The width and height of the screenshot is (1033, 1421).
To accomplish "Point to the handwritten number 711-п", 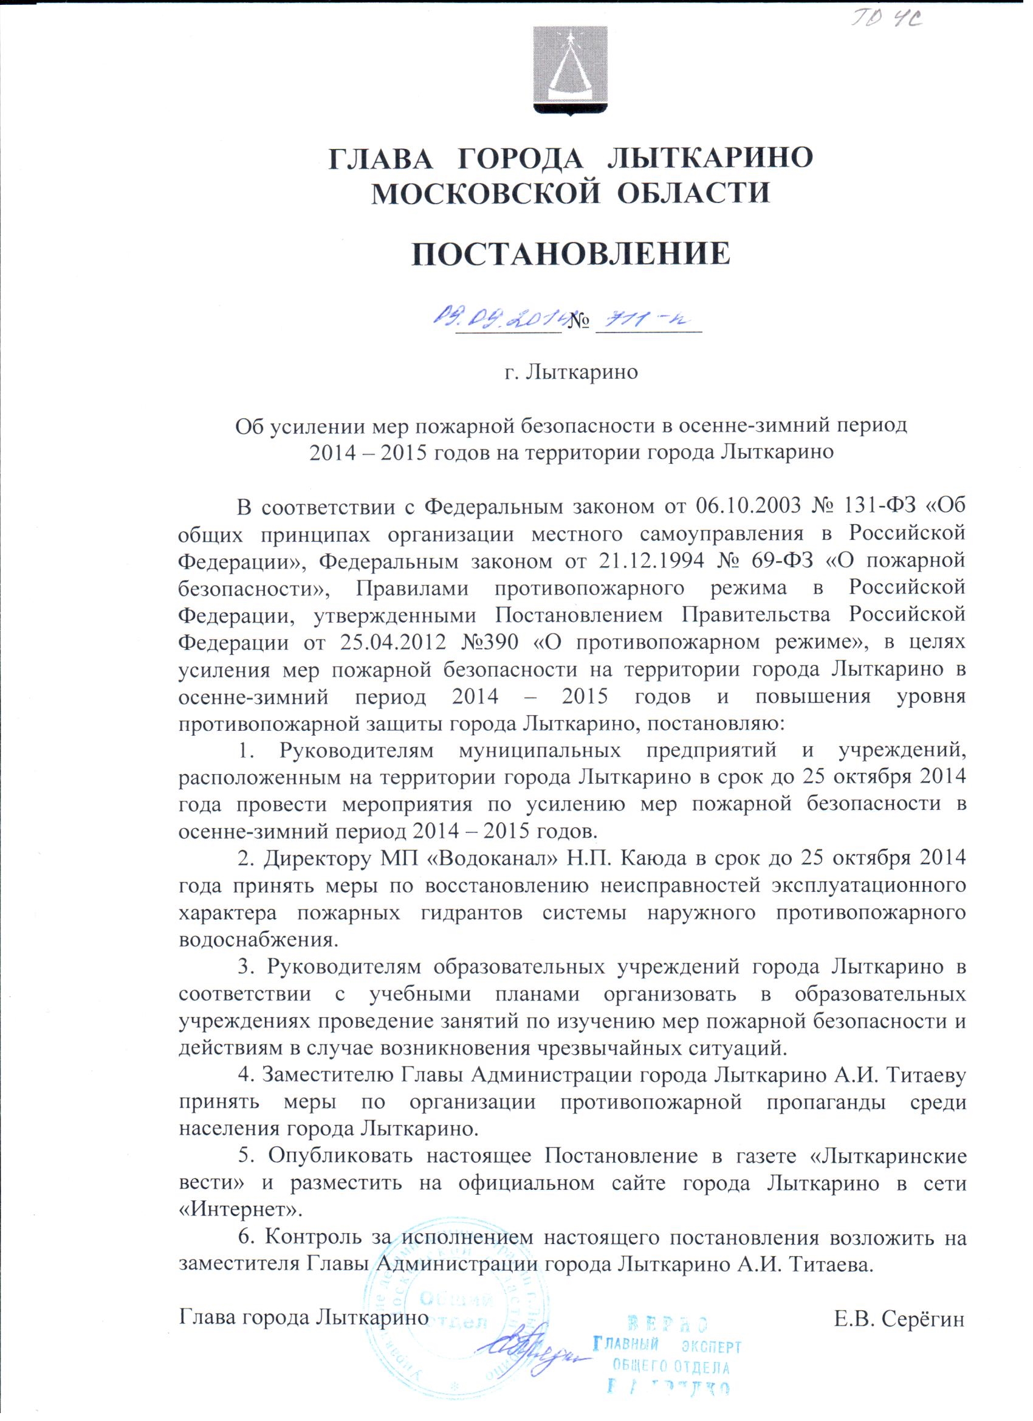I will [x=645, y=322].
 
